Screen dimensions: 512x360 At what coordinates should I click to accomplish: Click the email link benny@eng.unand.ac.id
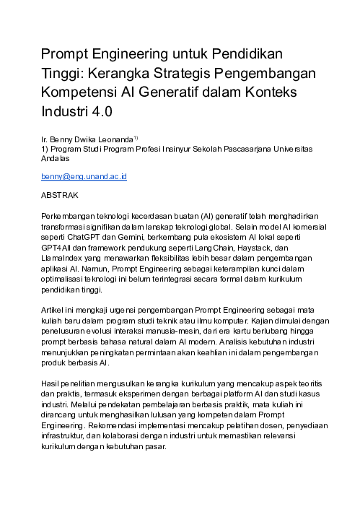(x=84, y=175)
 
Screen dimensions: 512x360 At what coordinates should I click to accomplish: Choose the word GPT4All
(x=58, y=247)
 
